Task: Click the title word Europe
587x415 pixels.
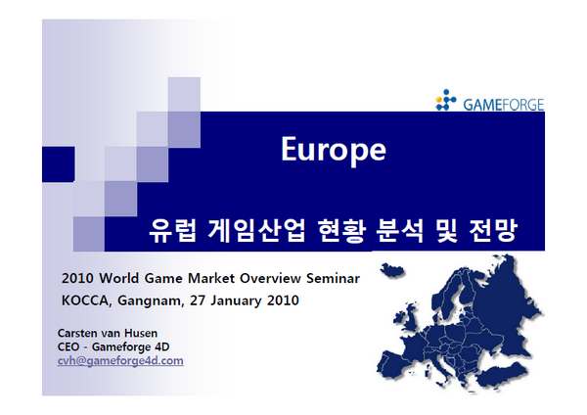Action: [x=334, y=150]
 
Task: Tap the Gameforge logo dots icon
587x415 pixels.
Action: [x=446, y=100]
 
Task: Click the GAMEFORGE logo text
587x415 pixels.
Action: [x=504, y=105]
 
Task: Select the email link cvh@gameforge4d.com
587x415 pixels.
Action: [x=120, y=361]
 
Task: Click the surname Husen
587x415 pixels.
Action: [x=141, y=333]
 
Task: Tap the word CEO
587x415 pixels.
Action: [x=68, y=346]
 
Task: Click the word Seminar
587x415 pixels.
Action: [x=334, y=278]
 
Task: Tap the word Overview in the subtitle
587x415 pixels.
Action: [x=270, y=278]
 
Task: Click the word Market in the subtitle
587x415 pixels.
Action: [x=211, y=278]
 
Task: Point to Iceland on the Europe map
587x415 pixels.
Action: [x=392, y=270]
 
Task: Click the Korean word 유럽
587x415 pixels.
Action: [x=172, y=230]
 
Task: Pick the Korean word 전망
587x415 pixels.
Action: [x=493, y=230]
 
